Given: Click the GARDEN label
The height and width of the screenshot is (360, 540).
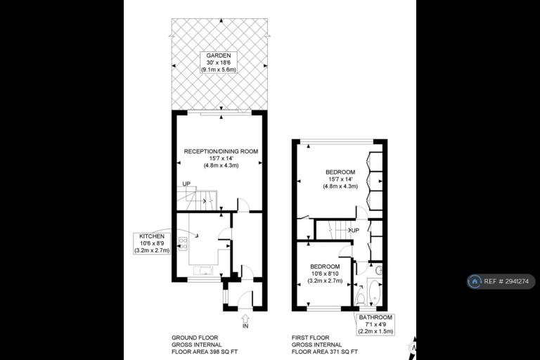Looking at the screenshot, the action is (219, 56).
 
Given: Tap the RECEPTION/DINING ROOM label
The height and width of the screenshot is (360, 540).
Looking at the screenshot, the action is (221, 151).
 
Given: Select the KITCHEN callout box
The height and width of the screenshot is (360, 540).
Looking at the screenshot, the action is (152, 243).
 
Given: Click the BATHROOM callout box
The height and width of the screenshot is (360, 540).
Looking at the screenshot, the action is (375, 324).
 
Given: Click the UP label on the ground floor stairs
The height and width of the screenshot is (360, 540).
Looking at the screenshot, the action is (186, 184).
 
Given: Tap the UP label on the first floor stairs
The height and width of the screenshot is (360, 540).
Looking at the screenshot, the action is (355, 230).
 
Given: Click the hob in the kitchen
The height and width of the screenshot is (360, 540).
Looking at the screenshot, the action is (183, 243).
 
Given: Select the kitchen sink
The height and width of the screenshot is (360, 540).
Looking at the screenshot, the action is (204, 270).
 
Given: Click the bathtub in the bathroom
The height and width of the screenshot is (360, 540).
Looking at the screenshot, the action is (375, 292).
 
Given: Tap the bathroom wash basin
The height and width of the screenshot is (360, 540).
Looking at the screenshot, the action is (379, 270).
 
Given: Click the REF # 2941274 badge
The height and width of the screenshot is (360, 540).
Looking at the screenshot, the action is (501, 281).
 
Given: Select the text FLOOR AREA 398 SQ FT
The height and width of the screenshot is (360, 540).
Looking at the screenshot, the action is (205, 352).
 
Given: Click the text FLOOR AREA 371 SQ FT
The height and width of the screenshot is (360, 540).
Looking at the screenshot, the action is (324, 352).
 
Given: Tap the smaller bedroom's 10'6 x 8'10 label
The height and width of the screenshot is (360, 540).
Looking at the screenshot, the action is (325, 274).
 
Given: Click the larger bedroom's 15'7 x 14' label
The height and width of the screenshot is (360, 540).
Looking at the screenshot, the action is (340, 179).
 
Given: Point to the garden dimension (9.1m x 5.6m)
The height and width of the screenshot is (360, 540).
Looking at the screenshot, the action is (219, 70).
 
